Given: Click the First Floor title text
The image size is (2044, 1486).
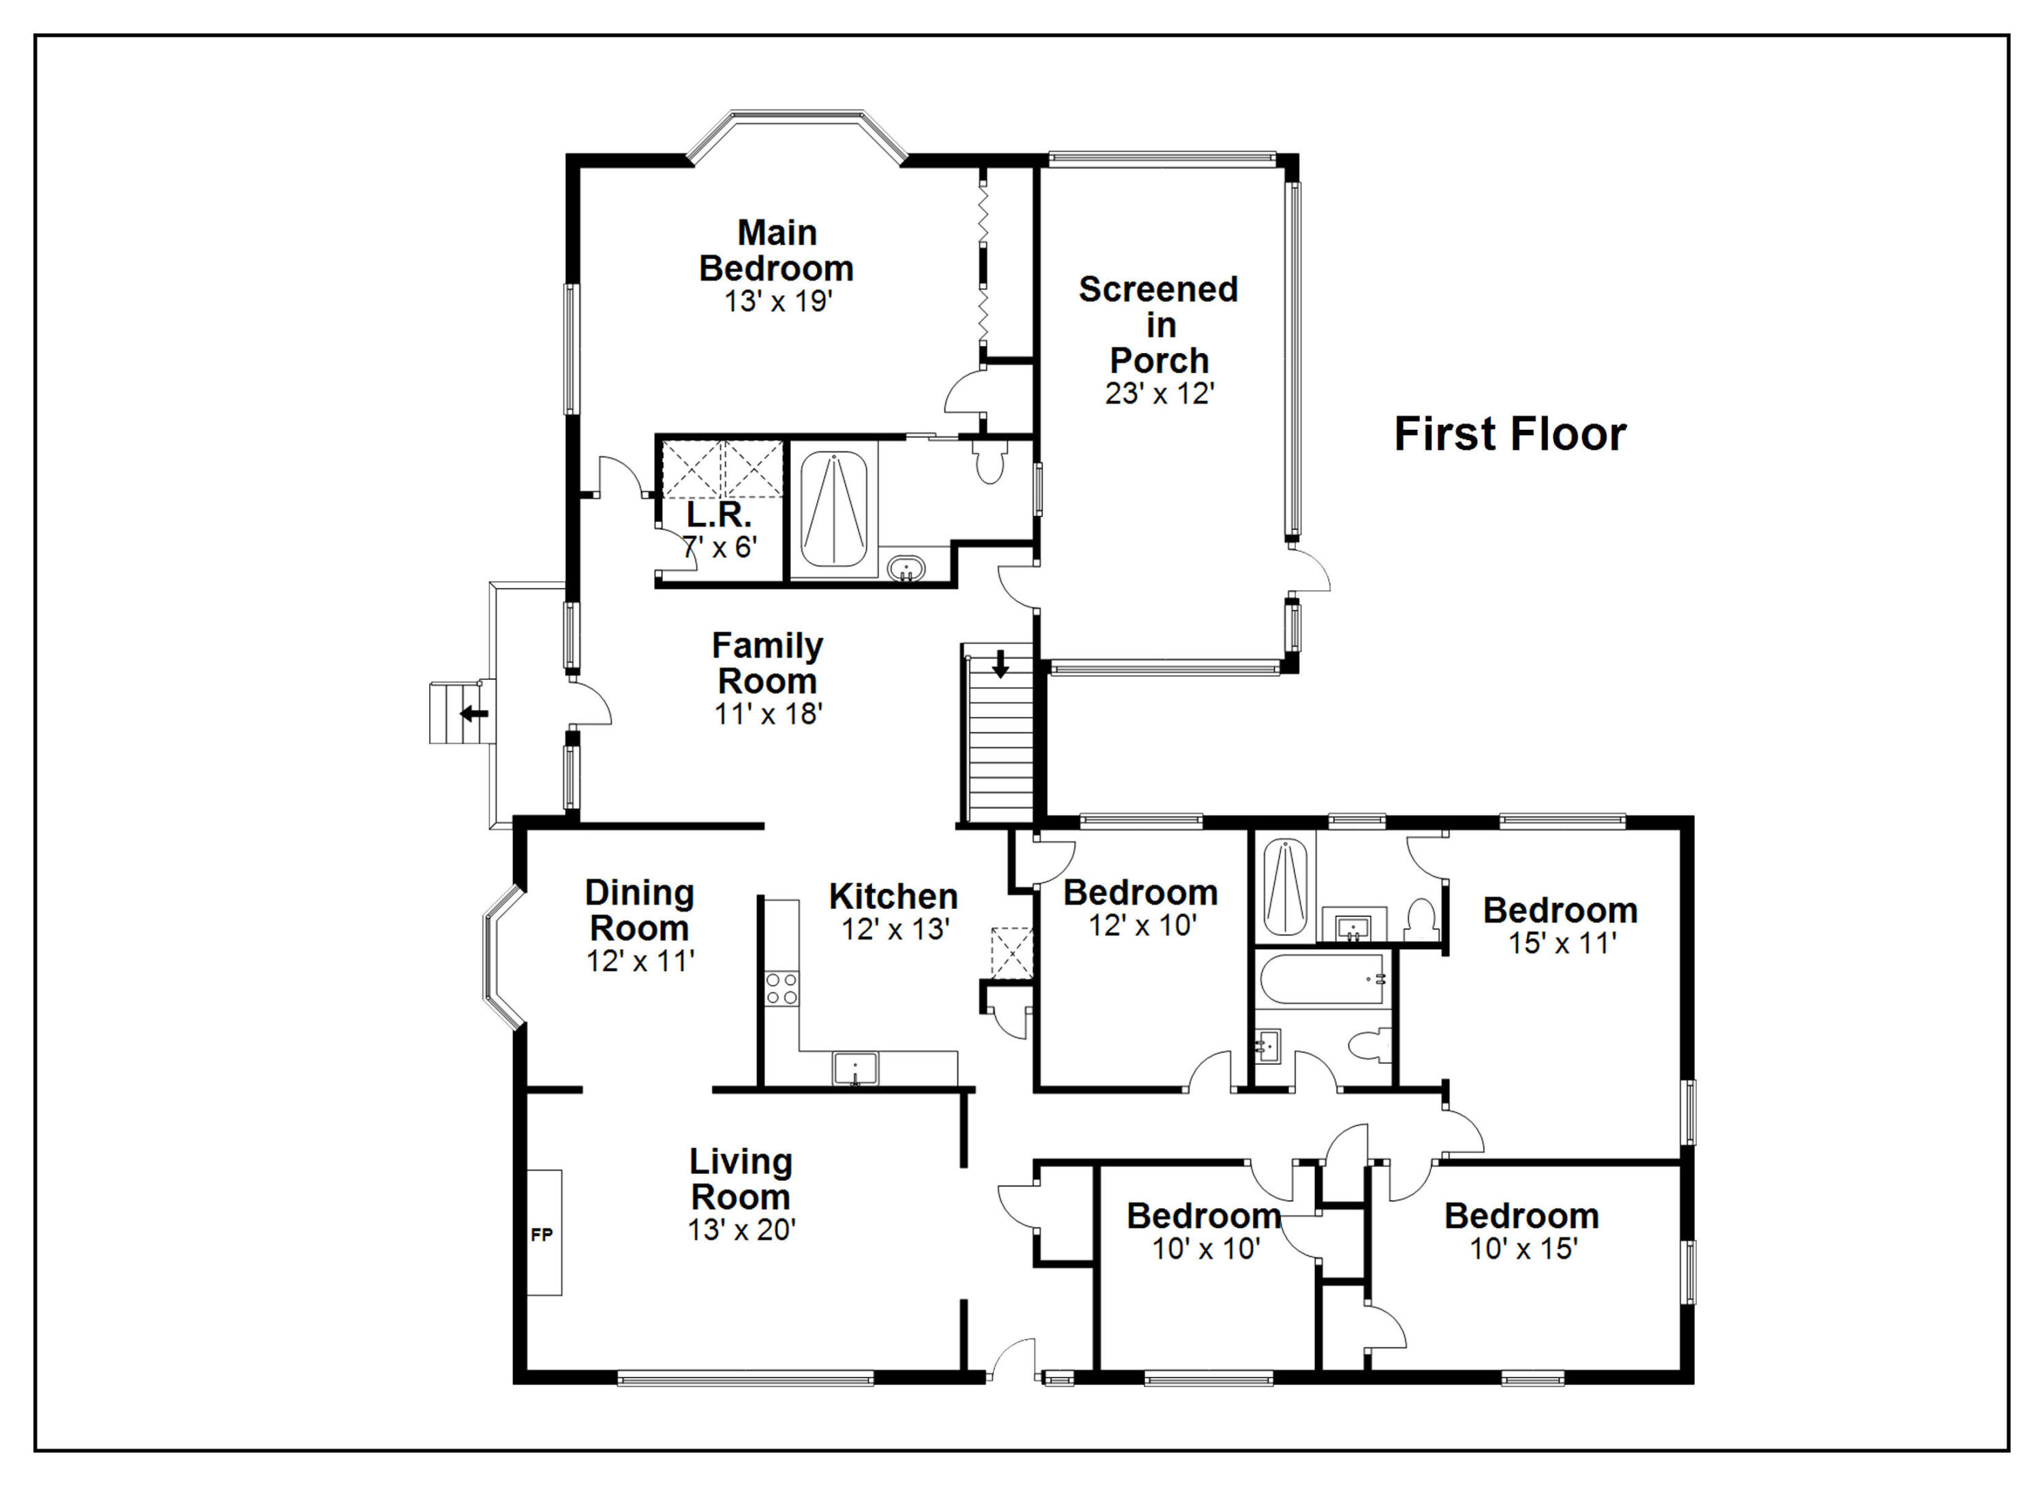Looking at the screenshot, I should [1510, 435].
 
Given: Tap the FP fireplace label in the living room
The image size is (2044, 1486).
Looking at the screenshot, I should [542, 1235].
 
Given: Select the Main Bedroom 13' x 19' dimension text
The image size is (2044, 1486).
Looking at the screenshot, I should [778, 301].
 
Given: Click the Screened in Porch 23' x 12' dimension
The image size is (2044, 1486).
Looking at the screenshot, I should [1160, 394].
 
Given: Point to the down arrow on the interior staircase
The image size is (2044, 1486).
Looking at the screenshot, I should [1000, 664].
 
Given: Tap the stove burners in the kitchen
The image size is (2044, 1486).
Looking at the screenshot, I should [781, 988].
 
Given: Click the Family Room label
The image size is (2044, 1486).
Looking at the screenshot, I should [767, 663].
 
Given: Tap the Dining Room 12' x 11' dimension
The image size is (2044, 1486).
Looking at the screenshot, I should [640, 961].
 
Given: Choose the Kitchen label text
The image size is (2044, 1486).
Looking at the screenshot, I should [893, 897].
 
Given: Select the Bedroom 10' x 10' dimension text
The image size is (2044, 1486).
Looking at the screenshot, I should [1206, 1249].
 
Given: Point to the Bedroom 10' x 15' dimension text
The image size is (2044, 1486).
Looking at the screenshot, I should [1523, 1249].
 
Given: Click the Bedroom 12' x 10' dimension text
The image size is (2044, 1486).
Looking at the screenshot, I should [1142, 925].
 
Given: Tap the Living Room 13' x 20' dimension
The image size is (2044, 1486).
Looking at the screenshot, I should [742, 1230].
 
